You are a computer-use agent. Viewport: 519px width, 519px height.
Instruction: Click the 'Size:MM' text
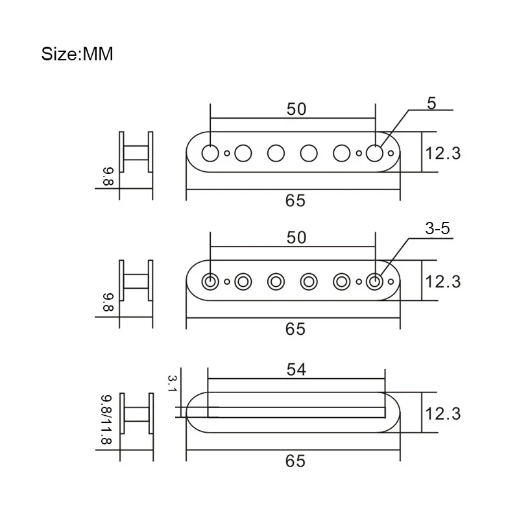pos(77,54)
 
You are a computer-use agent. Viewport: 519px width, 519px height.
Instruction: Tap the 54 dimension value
pos(296,370)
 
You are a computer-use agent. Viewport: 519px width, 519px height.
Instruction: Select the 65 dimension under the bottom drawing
pos(295,461)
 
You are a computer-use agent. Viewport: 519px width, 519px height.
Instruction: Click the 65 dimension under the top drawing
pos(295,200)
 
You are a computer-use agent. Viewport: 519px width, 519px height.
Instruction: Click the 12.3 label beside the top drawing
pos(443,154)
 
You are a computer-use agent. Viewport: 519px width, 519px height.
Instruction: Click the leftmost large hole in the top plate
pos(210,153)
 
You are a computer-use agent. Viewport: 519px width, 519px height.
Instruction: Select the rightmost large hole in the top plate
pos(374,153)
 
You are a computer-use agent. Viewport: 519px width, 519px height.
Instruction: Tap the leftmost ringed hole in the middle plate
pos(210,282)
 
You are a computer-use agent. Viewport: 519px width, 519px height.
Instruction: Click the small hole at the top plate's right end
pos(391,153)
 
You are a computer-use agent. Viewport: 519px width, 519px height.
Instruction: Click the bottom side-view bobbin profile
pos(136,413)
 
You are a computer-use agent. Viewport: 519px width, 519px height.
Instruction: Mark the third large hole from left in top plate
pos(276,153)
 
